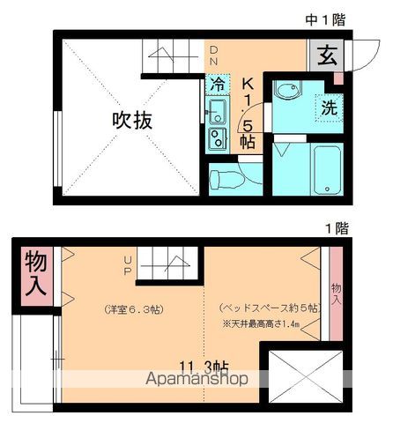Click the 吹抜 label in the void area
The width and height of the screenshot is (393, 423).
click(131, 121)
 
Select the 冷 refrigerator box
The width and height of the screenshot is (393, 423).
click(218, 85)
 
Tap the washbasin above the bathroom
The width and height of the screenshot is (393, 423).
click(287, 93)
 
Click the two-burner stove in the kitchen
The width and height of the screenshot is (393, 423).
click(217, 137)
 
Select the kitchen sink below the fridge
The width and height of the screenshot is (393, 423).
click(217, 111)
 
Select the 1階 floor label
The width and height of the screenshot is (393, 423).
click(336, 228)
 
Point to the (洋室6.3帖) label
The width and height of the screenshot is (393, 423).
click(132, 309)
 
